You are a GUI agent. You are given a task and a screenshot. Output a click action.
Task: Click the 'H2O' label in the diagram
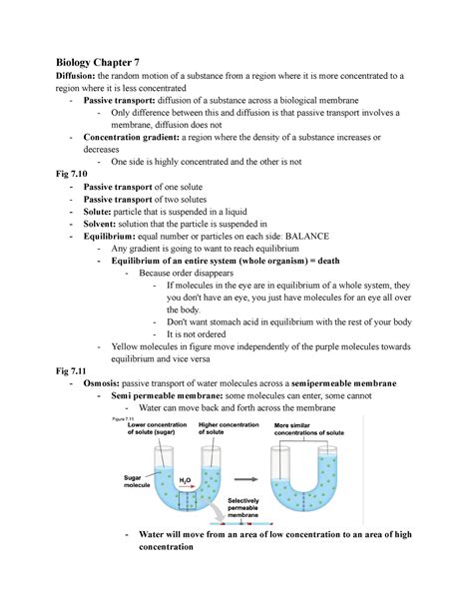pyautogui.click(x=185, y=480)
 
